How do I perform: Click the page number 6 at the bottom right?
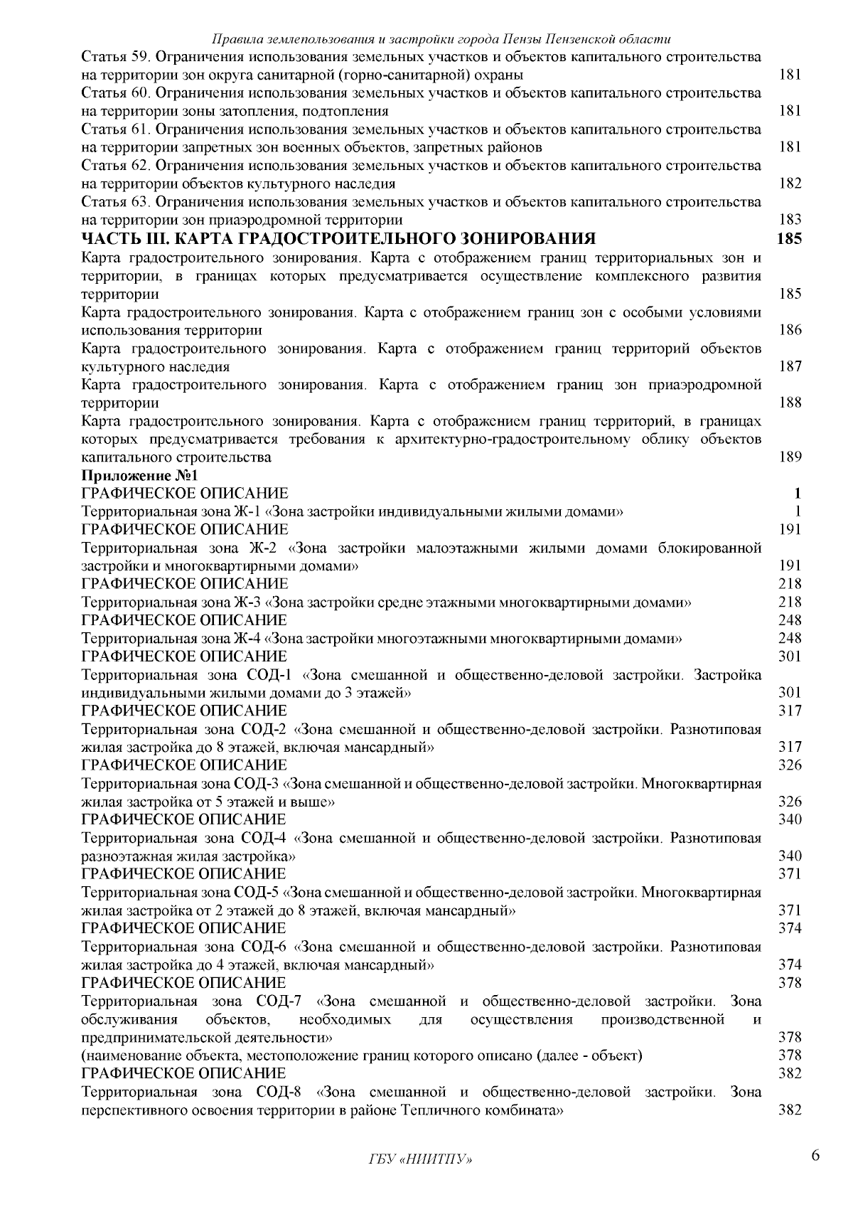[x=816, y=1155]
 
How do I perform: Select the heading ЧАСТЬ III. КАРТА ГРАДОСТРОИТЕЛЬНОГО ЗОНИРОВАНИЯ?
[x=338, y=238]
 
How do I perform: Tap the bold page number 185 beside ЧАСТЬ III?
[x=789, y=238]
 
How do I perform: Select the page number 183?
[x=790, y=220]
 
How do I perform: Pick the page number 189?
[x=790, y=457]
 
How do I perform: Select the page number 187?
[x=790, y=367]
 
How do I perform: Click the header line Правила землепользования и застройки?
[x=442, y=38]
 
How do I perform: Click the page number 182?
[x=790, y=184]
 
